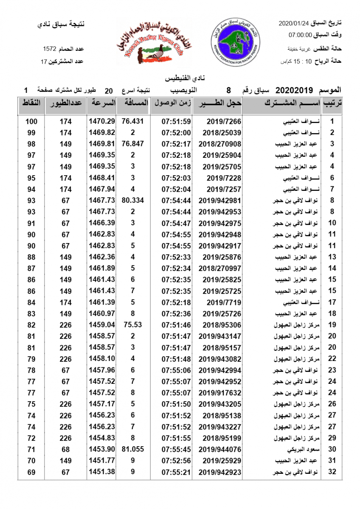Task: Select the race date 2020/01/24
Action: pos(294,22)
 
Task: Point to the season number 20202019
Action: pos(294,90)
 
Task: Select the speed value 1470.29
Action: pos(102,121)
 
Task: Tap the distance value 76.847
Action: pos(133,144)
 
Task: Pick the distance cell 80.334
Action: pos(133,200)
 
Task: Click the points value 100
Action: pos(31,121)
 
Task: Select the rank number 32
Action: pos(332,472)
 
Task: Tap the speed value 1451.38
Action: pos(102,472)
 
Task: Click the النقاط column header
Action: pos(31,103)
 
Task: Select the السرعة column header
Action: pos(102,103)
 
